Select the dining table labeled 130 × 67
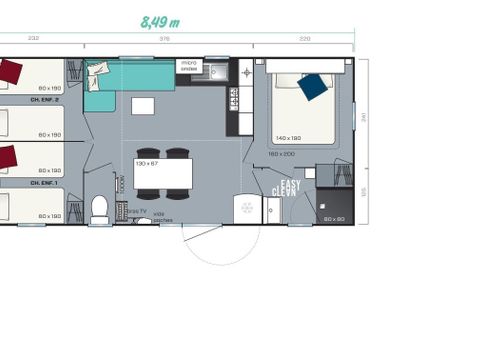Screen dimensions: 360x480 [163, 175]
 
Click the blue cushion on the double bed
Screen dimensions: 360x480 [313, 87]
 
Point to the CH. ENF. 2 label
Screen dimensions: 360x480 [45, 100]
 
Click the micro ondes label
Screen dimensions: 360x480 [189, 65]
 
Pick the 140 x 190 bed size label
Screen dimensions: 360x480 [290, 137]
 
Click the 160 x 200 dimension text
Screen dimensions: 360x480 [281, 153]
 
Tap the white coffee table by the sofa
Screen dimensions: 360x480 [143, 106]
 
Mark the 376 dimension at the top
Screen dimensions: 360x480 [165, 39]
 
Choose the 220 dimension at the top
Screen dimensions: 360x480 [305, 39]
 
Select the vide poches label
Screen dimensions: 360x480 [164, 218]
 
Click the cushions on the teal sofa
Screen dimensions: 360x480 [97, 70]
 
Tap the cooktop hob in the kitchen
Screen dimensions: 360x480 [234, 97]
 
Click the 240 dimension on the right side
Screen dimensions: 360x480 [366, 115]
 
